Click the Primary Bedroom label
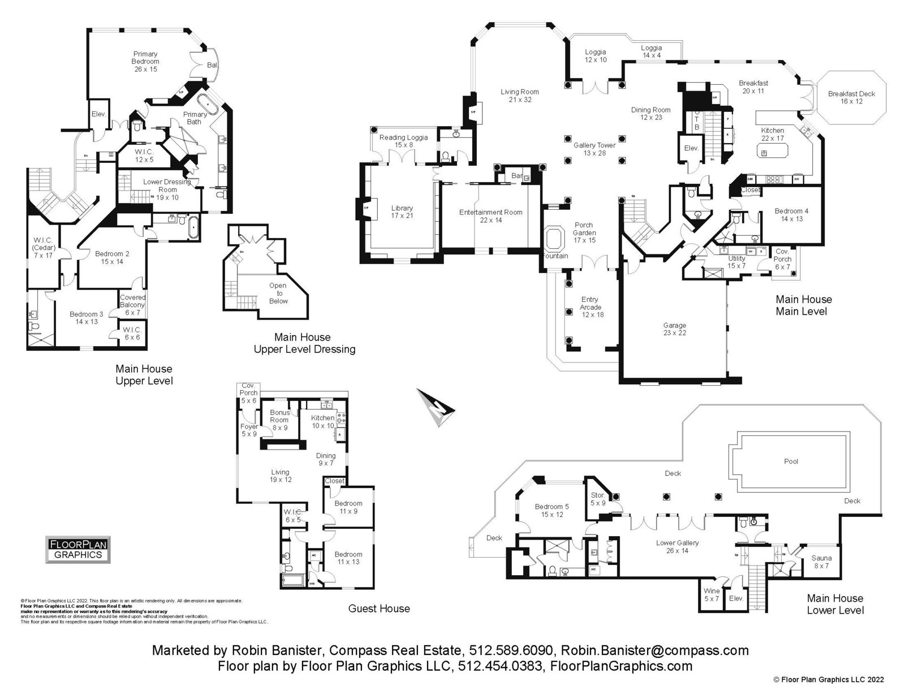tap(145, 62)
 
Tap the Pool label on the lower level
tap(791, 461)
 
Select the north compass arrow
tap(436, 406)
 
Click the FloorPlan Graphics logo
tap(78, 549)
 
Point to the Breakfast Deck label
tap(851, 97)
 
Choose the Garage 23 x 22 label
tap(674, 329)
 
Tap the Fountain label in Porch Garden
tap(555, 256)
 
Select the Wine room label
tap(712, 594)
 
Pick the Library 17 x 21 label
tap(402, 212)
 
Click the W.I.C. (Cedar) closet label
tap(43, 247)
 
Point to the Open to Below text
tap(278, 293)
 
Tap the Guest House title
tap(379, 609)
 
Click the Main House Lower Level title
tap(835, 604)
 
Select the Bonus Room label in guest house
tap(279, 420)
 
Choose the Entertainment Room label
tap(490, 215)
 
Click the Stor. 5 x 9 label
tap(598, 498)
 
